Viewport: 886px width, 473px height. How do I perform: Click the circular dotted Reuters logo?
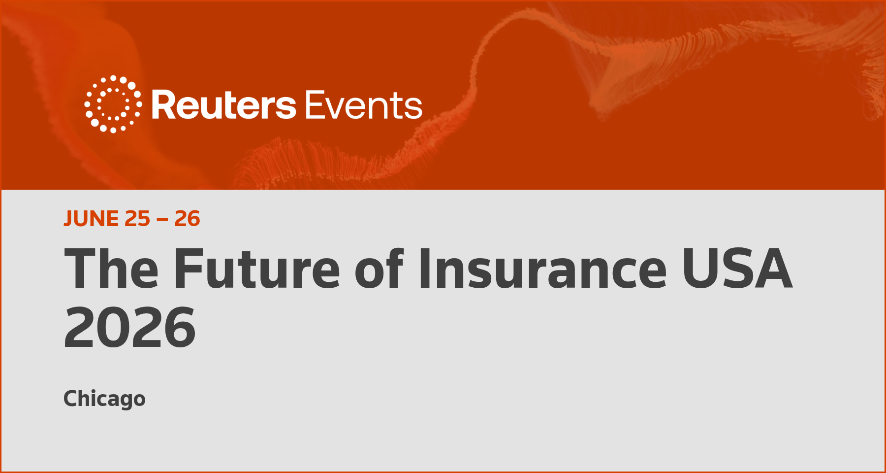click(x=113, y=104)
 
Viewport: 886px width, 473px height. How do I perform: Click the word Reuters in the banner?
click(x=224, y=105)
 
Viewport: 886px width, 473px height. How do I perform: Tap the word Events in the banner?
click(x=364, y=105)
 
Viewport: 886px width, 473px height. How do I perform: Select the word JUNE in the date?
click(x=91, y=219)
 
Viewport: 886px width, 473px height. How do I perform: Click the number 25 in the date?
click(x=137, y=219)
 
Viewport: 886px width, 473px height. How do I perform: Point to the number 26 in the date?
click(x=187, y=219)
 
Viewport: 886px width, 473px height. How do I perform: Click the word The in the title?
click(x=112, y=269)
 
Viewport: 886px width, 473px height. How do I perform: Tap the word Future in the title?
click(x=257, y=269)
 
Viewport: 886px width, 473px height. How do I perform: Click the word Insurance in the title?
click(x=542, y=269)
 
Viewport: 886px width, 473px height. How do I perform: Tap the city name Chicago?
click(x=104, y=399)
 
